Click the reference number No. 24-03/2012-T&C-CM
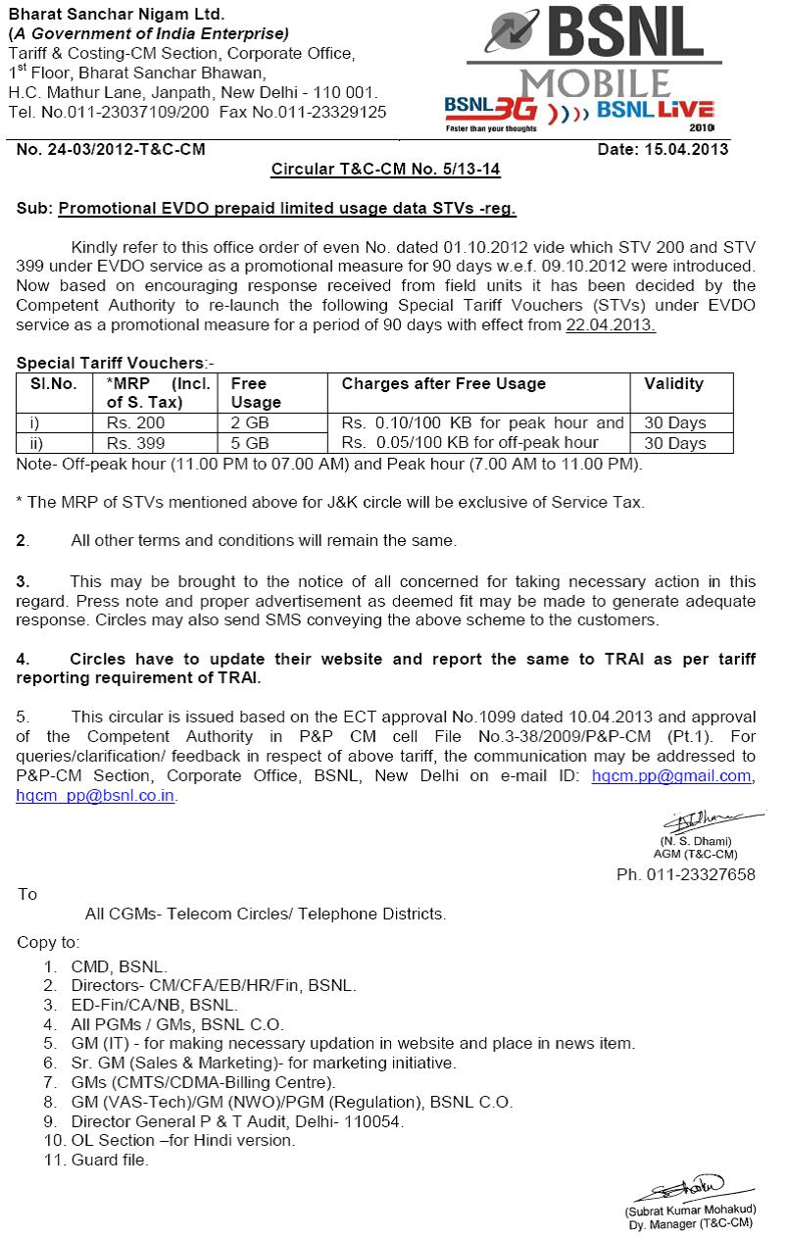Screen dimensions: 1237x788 pyautogui.click(x=112, y=150)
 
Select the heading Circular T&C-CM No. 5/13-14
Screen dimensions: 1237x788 pyautogui.click(x=385, y=170)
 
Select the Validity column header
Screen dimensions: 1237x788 pyautogui.click(x=673, y=384)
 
